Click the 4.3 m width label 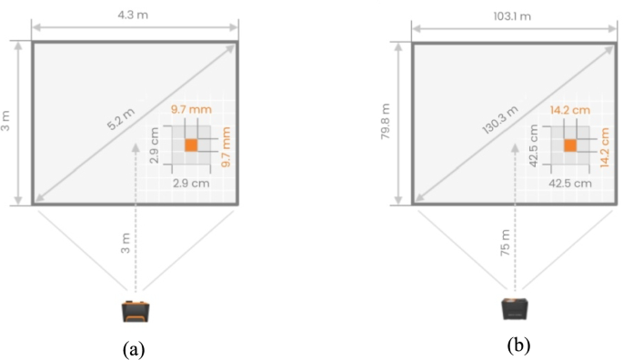(x=133, y=15)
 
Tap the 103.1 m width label (x=512, y=16)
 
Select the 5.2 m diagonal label (x=121, y=119)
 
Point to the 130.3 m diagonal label (x=500, y=120)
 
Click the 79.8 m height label (x=385, y=121)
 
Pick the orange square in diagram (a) (x=191, y=145)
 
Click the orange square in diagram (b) (x=570, y=145)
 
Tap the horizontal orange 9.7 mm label (x=191, y=109)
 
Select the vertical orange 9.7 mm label (x=226, y=146)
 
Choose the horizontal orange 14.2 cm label (x=570, y=110)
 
